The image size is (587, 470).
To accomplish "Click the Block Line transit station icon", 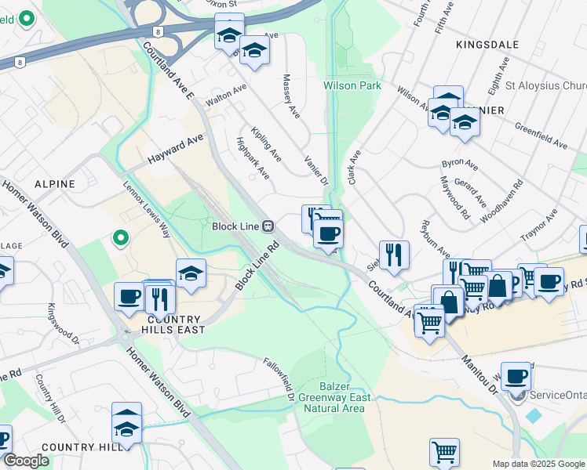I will [x=268, y=226].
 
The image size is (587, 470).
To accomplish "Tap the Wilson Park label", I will [x=351, y=85].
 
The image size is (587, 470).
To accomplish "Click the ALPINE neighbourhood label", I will [x=54, y=184].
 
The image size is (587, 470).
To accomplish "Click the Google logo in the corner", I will [x=26, y=461].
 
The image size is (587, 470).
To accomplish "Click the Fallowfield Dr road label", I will [x=279, y=374].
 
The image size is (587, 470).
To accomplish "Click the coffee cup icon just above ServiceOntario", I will [x=516, y=376].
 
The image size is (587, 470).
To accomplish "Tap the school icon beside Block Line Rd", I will [x=191, y=273].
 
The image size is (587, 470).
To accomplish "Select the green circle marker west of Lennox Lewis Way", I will [x=119, y=237].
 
